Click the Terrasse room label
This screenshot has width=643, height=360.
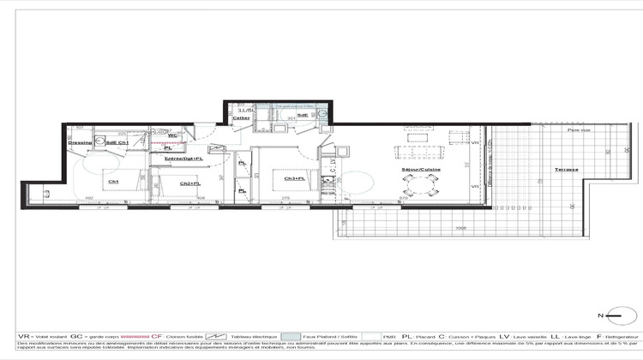pyautogui.click(x=565, y=170)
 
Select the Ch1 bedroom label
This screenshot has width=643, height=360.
pyautogui.click(x=112, y=182)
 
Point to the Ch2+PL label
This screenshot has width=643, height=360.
pyautogui.click(x=189, y=183)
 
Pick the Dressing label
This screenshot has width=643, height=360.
pyautogui.click(x=81, y=142)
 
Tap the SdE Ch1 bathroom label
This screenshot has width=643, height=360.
pyautogui.click(x=117, y=142)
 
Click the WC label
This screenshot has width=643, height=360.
pyautogui.click(x=172, y=135)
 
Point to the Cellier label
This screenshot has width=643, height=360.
pyautogui.click(x=241, y=118)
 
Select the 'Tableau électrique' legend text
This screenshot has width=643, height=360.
pyautogui.click(x=253, y=337)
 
